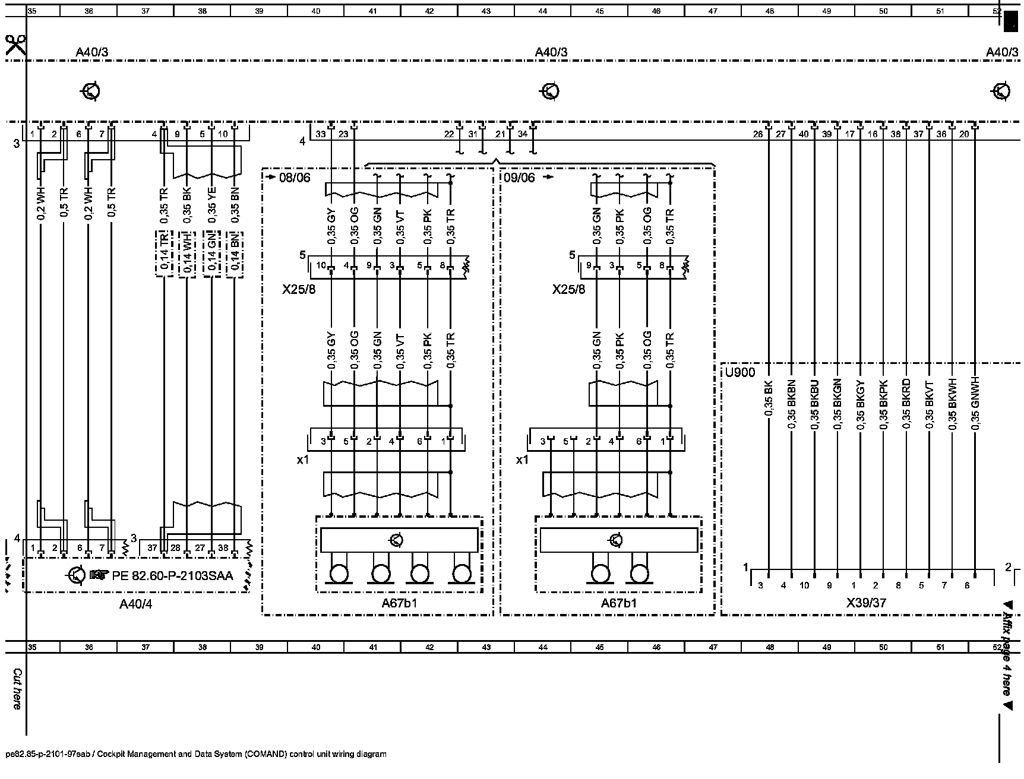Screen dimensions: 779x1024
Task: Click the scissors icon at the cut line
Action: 15,45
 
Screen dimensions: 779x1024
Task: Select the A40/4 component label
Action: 140,604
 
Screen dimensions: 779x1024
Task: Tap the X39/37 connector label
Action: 866,603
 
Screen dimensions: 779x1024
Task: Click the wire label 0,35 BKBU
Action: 814,404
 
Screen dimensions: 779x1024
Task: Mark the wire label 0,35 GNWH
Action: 975,404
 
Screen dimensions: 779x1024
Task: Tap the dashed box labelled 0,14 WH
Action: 188,254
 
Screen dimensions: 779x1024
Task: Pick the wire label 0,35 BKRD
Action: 906,404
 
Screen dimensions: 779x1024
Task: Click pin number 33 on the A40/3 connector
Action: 321,134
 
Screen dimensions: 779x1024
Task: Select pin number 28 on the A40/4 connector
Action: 175,547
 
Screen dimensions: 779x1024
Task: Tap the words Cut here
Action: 17,689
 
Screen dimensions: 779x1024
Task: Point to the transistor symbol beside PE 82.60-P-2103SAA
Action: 77,575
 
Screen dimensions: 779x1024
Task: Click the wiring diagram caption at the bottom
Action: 196,754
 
